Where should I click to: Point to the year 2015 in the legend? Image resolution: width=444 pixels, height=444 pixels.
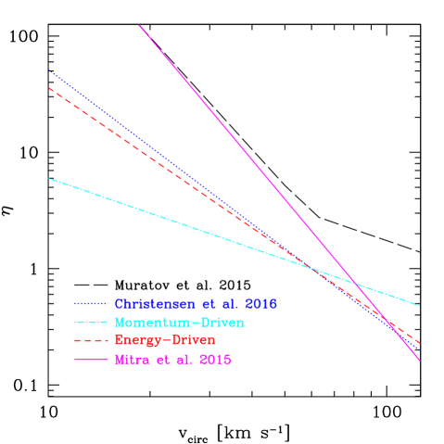[213, 360]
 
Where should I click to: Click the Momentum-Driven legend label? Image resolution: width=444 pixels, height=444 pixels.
[180, 323]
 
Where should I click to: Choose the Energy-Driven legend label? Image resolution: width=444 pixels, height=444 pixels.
[165, 341]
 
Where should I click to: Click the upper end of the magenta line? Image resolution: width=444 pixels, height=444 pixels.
[139, 25]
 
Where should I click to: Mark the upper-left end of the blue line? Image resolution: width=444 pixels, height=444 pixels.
[49, 70]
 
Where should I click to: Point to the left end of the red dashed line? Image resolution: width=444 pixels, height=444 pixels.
[49, 88]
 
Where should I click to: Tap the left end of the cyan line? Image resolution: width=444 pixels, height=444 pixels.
[49, 179]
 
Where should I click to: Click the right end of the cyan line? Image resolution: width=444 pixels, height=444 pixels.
[420, 306]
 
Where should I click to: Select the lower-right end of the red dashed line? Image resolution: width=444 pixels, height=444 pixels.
[420, 343]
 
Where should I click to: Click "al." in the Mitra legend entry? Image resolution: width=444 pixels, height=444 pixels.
[185, 360]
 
